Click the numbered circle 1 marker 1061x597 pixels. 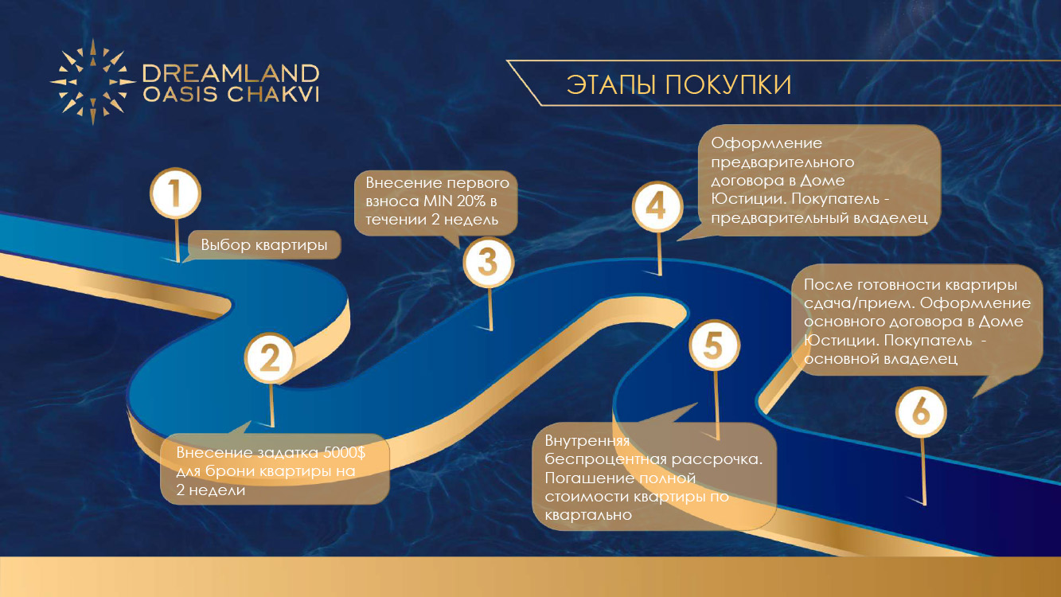pos(175,193)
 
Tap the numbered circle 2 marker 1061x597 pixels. pos(270,358)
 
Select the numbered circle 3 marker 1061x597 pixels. pos(489,262)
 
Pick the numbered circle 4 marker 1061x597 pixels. pos(657,207)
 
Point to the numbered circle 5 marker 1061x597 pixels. pos(714,345)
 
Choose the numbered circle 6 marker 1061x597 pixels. pos(921,412)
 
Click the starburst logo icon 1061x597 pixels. pos(93,82)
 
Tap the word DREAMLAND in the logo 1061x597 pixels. pos(231,73)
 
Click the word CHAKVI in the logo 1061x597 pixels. pos(273,94)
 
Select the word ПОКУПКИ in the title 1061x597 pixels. pos(728,85)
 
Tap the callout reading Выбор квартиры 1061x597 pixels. pos(263,245)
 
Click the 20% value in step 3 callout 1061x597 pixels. pos(472,201)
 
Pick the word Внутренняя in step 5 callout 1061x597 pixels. pos(587,441)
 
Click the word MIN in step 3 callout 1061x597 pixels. pos(438,201)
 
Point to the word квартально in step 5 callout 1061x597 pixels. pos(588,515)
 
